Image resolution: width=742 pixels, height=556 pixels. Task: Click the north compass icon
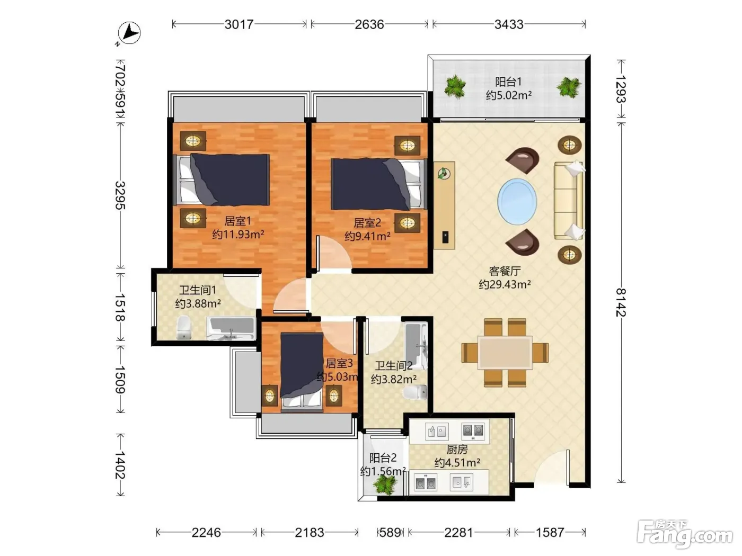pyautogui.click(x=129, y=33)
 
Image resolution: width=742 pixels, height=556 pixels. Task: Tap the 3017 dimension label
pyautogui.click(x=239, y=24)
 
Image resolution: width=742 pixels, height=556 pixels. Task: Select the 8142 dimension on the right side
pyautogui.click(x=621, y=302)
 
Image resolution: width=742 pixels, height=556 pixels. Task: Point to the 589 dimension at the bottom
pyautogui.click(x=390, y=533)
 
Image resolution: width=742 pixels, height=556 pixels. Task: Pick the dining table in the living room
pyautogui.click(x=505, y=353)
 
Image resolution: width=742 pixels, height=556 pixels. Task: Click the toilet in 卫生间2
pyautogui.click(x=416, y=392)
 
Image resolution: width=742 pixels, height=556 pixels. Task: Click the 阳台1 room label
pyautogui.click(x=508, y=82)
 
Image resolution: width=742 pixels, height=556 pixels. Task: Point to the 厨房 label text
pyautogui.click(x=457, y=450)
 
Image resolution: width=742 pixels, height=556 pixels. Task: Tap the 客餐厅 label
pyautogui.click(x=505, y=271)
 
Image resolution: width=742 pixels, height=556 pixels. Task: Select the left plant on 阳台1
pyautogui.click(x=455, y=87)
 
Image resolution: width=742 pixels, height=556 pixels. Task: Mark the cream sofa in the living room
pyautogui.click(x=569, y=201)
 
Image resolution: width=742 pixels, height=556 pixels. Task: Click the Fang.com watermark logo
pyautogui.click(x=685, y=535)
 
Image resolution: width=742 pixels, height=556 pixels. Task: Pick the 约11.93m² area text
pyautogui.click(x=238, y=234)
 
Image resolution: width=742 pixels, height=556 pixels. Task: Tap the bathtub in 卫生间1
pyautogui.click(x=231, y=328)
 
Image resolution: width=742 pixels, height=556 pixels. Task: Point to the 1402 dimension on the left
pyautogui.click(x=120, y=465)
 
